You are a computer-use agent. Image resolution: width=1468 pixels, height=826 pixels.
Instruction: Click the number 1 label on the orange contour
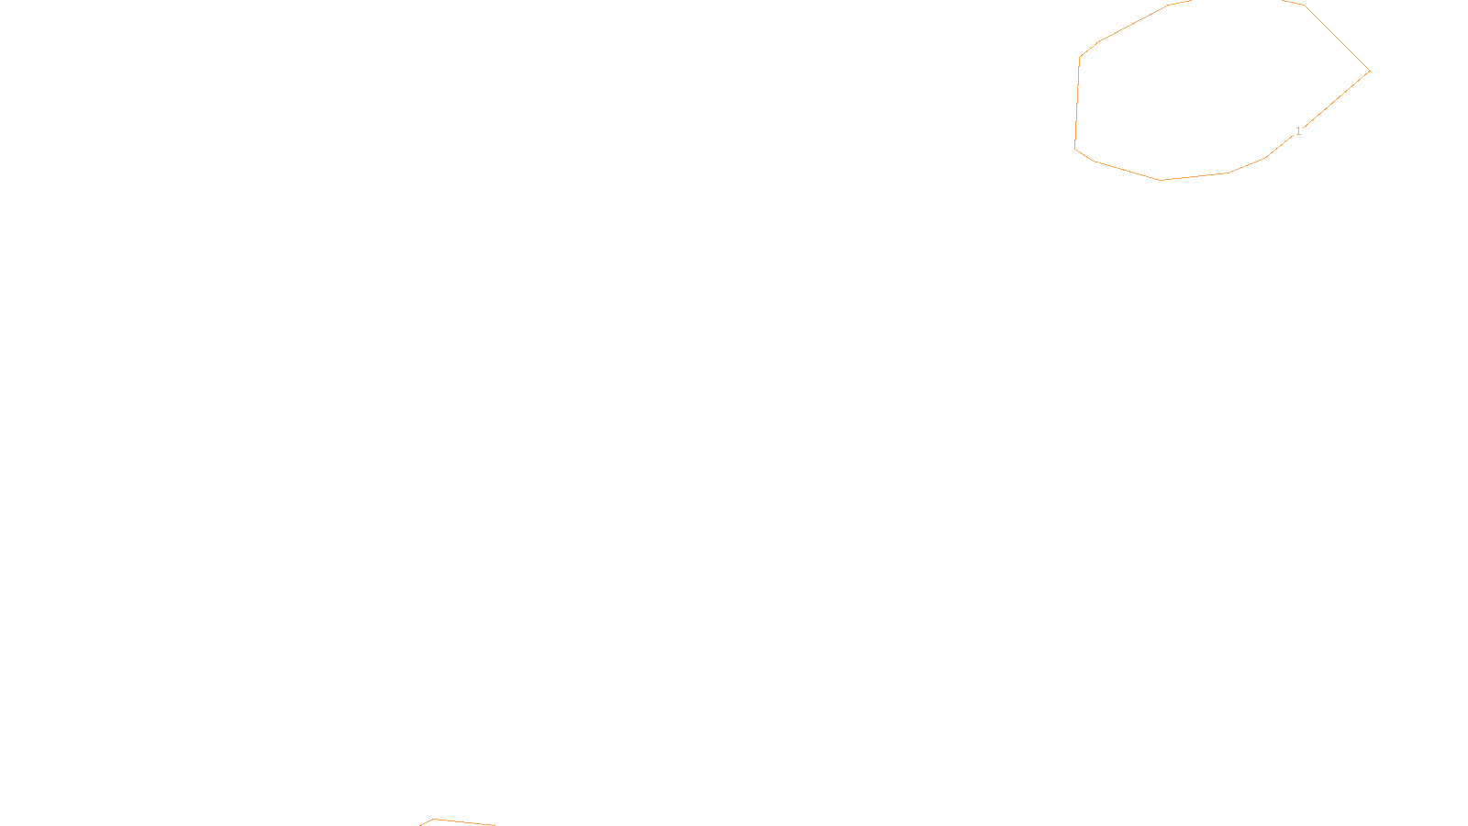(x=1298, y=131)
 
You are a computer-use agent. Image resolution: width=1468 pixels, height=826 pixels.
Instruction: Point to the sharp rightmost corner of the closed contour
(x=1369, y=71)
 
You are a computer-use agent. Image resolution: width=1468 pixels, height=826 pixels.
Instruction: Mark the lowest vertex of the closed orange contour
(x=1162, y=180)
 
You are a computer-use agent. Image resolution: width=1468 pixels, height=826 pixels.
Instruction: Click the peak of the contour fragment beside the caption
(x=434, y=819)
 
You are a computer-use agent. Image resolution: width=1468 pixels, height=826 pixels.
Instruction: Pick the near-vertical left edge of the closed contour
(x=1077, y=101)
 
